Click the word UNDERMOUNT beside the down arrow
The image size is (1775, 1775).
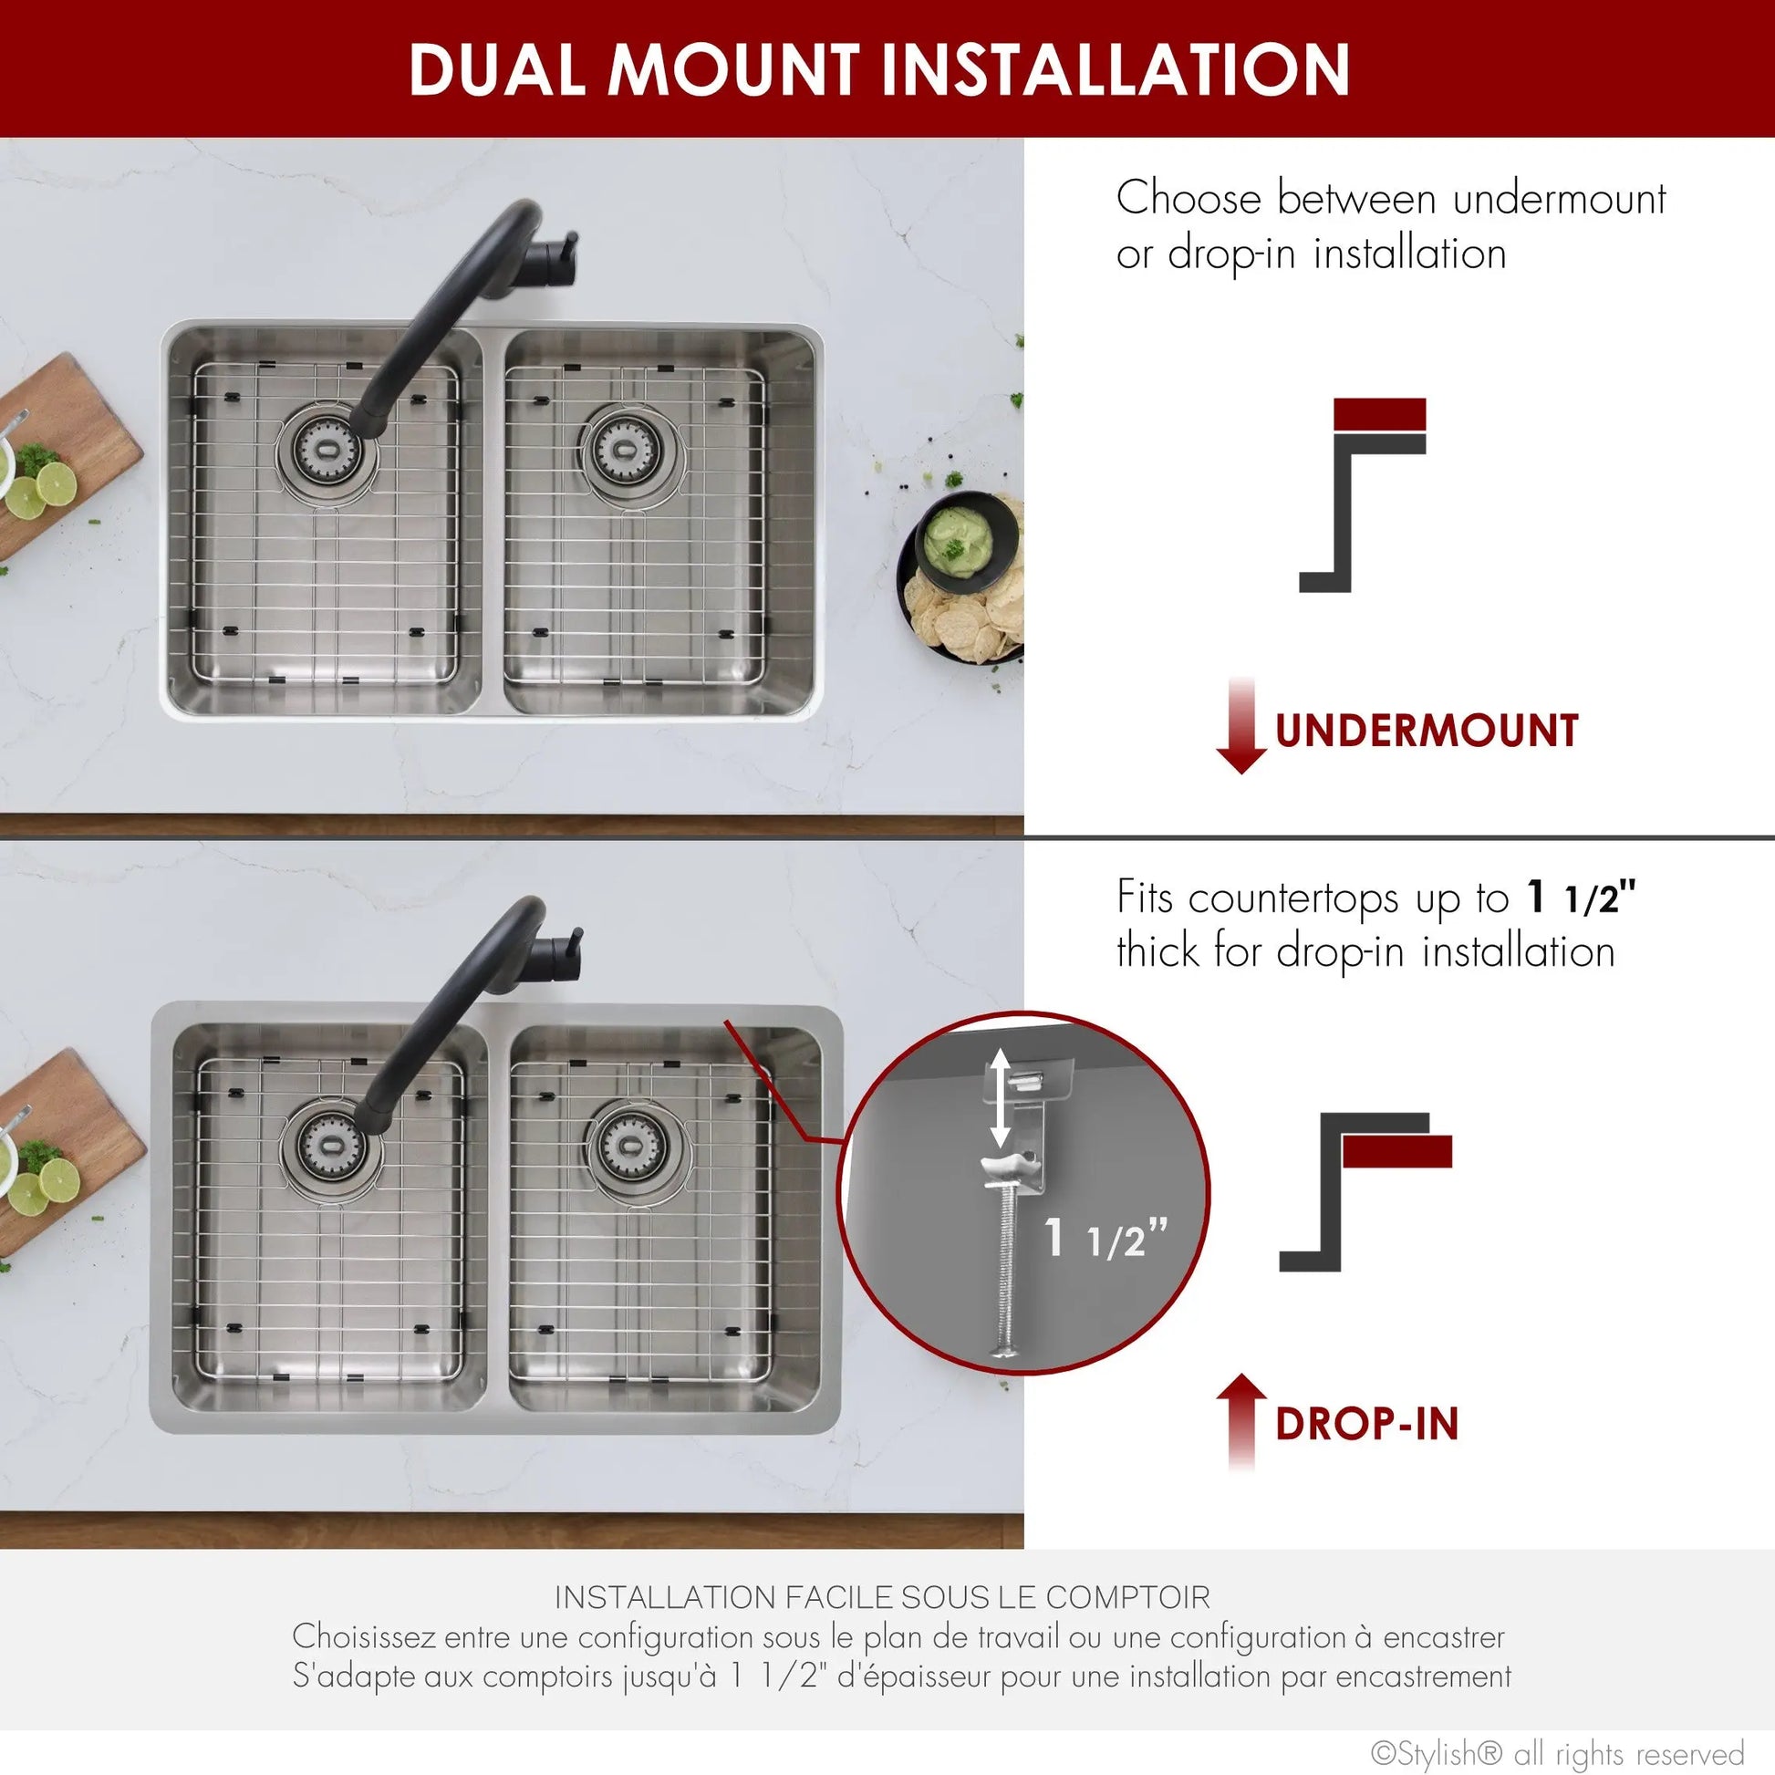click(1426, 732)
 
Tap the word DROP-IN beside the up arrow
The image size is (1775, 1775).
click(1366, 1424)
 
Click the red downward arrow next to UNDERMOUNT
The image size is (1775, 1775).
click(1240, 726)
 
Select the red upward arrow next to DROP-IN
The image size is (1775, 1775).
click(1240, 1433)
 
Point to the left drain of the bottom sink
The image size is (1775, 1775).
click(327, 1144)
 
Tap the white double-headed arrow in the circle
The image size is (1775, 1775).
click(1002, 1100)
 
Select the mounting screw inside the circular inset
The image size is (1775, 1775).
click(1005, 1268)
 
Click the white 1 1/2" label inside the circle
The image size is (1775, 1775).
click(1105, 1239)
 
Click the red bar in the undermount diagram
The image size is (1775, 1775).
click(1379, 414)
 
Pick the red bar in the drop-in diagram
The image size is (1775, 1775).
click(1396, 1151)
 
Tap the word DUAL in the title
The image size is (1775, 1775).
click(497, 70)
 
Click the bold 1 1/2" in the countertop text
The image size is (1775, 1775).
click(1580, 898)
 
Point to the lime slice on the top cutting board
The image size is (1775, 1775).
click(55, 481)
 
